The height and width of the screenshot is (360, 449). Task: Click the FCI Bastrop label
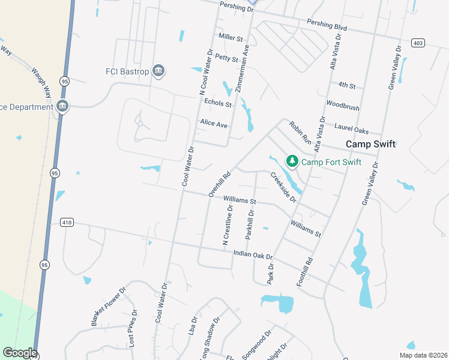click(127, 71)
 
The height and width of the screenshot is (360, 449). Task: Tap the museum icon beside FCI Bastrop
click(158, 71)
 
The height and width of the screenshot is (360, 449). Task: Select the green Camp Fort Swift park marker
click(292, 161)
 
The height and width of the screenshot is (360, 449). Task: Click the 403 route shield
click(418, 43)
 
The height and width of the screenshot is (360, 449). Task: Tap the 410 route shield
click(67, 223)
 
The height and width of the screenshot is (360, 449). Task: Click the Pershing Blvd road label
click(327, 27)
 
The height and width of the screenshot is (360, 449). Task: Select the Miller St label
click(231, 37)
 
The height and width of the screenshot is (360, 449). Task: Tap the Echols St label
click(218, 103)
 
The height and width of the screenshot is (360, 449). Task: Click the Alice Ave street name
click(214, 124)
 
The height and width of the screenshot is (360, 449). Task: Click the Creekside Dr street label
click(283, 187)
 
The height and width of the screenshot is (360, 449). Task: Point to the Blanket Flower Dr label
click(109, 307)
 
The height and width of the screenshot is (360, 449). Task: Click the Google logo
click(20, 353)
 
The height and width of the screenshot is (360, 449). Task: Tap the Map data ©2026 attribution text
click(423, 355)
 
